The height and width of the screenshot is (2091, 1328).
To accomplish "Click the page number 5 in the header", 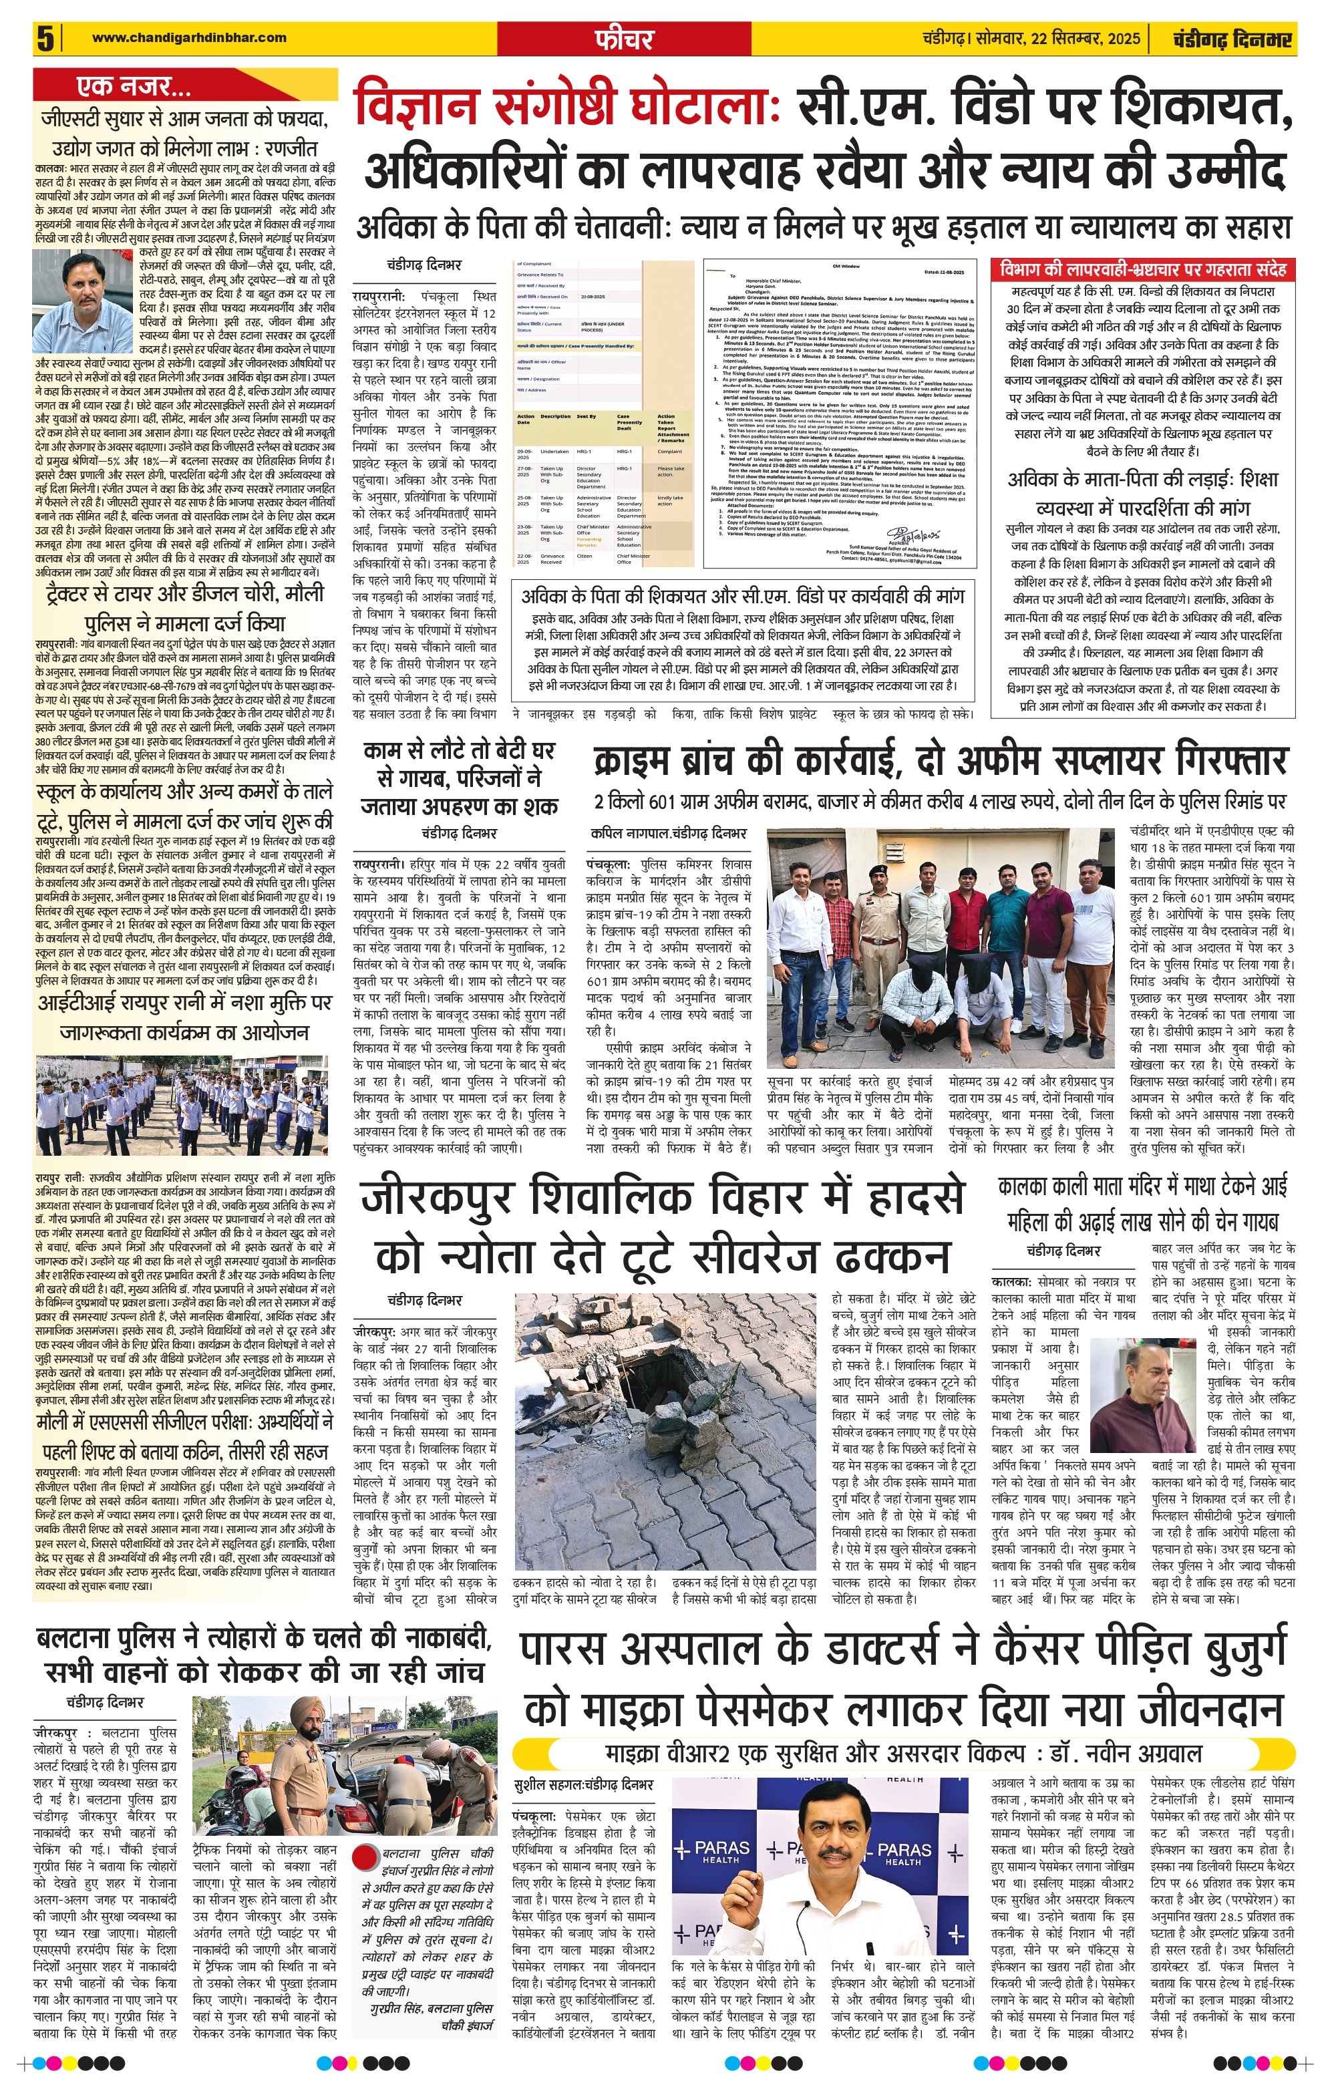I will pos(45,38).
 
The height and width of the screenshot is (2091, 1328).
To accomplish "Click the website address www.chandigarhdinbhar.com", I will pos(188,37).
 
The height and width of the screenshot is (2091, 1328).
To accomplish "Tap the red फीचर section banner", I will pos(624,38).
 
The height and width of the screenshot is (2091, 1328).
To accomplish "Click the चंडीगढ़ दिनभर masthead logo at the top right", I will pos(1232,39).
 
